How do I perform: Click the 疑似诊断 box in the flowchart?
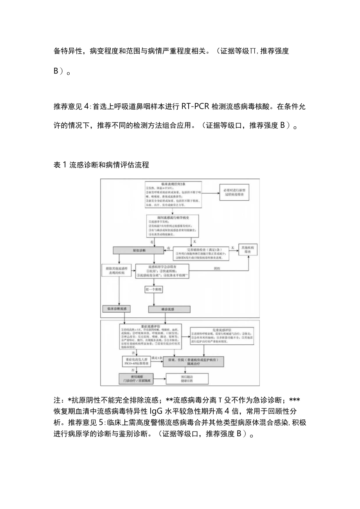[134, 250]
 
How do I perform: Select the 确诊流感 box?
[169, 309]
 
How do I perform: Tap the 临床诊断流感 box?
[116, 309]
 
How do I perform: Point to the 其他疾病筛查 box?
[248, 250]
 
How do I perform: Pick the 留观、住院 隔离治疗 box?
[193, 361]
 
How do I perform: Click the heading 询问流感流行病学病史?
[173, 216]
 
